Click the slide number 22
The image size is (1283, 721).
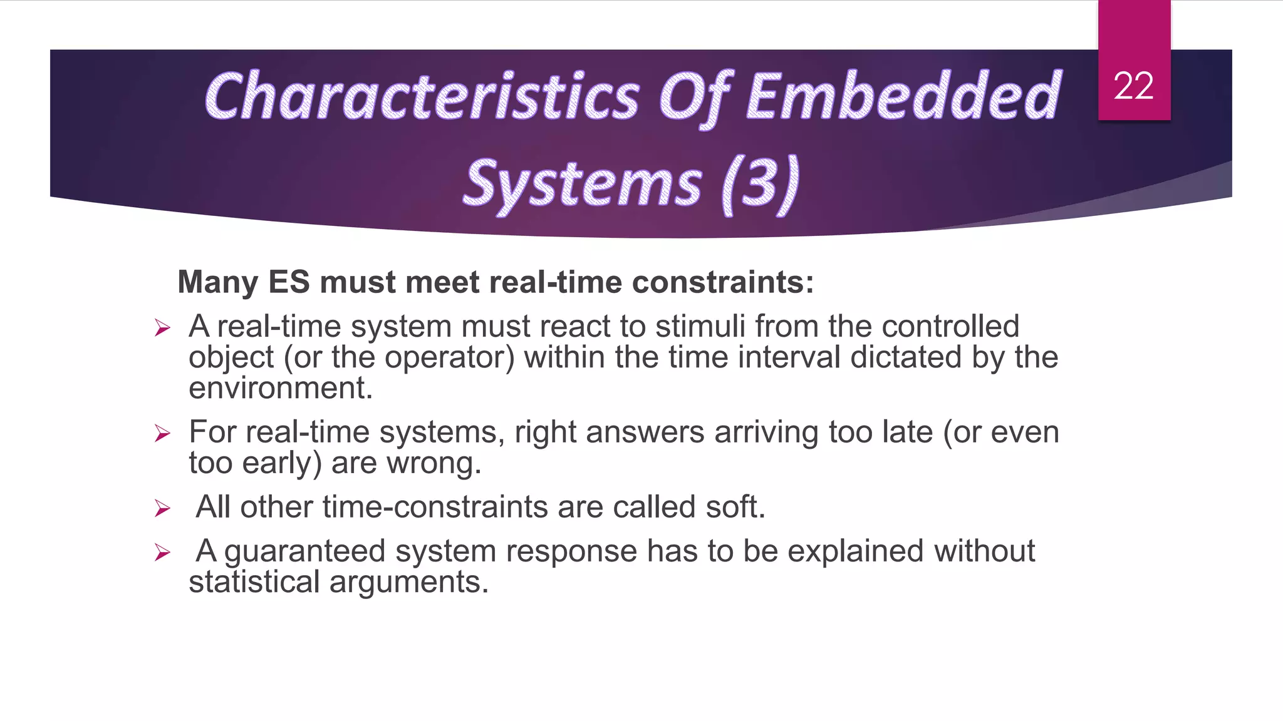pyautogui.click(x=1133, y=86)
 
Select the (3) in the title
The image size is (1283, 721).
pyautogui.click(x=760, y=183)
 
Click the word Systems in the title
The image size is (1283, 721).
pyautogui.click(x=582, y=183)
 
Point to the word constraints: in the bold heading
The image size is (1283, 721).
pyautogui.click(x=722, y=282)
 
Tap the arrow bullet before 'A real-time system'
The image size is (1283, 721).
pyautogui.click(x=162, y=327)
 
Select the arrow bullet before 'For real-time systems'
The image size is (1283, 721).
pyautogui.click(x=162, y=433)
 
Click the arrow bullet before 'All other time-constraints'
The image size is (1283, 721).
pyautogui.click(x=162, y=508)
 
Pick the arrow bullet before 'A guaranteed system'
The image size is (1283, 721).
pyautogui.click(x=162, y=552)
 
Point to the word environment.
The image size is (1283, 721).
pyautogui.click(x=280, y=388)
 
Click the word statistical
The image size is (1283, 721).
pyautogui.click(x=254, y=582)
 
